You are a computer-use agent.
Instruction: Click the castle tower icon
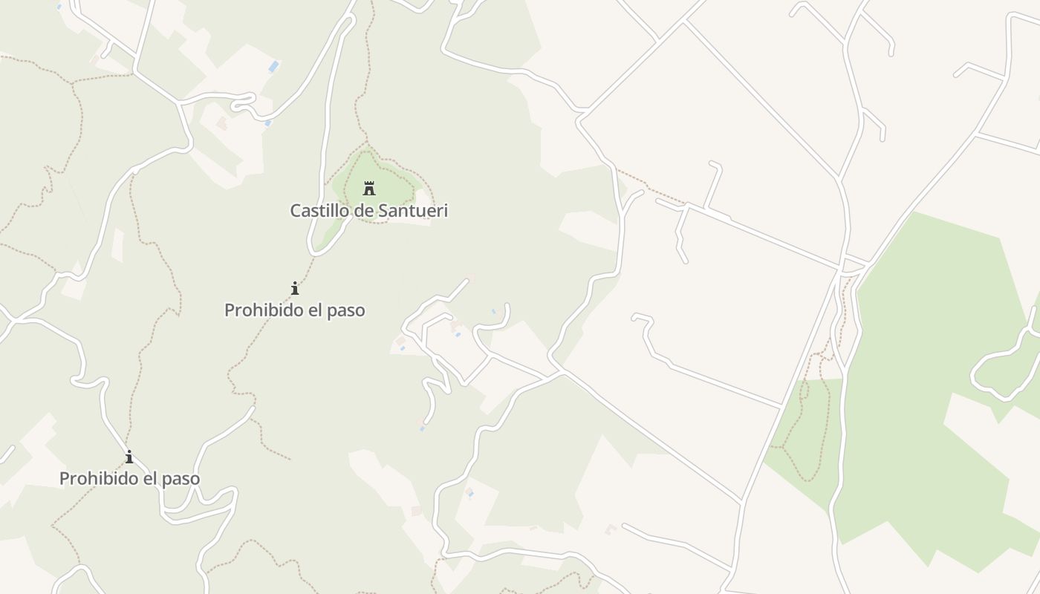pos(369,188)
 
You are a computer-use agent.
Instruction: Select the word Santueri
pos(414,211)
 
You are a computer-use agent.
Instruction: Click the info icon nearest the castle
pos(295,288)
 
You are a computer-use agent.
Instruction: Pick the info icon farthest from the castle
pos(129,457)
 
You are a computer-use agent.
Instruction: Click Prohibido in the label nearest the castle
pos(259,310)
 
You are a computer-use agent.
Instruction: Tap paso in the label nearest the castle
pos(346,310)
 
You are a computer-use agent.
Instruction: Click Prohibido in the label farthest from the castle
pos(94,479)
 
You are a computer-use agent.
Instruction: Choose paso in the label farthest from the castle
pos(181,479)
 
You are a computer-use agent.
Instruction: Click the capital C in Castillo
pos(295,211)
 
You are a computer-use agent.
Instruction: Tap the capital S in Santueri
pos(383,211)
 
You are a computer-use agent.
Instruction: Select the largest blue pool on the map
pos(273,67)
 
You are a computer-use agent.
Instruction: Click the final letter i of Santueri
pos(446,211)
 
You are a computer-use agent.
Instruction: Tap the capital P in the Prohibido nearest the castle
pos(229,310)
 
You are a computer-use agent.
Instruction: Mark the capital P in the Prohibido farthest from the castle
pos(64,479)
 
